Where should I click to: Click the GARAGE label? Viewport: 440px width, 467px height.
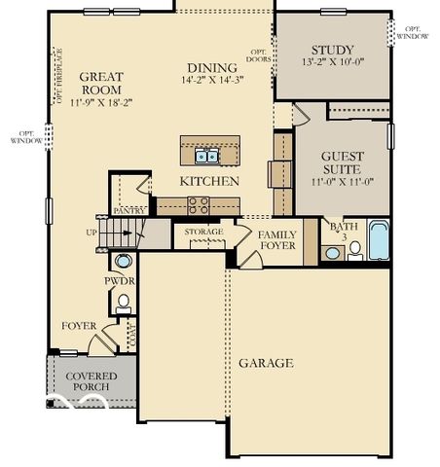pos(266,363)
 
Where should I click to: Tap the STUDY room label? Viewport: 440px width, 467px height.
pos(333,50)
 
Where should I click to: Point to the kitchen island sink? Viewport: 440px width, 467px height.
pos(206,155)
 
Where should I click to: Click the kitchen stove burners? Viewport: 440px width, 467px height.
pos(198,204)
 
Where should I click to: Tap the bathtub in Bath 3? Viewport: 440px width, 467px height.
pos(379,240)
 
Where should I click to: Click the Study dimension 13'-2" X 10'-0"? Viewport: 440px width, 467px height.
pos(333,63)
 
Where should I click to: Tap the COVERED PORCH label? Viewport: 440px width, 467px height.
pos(91,381)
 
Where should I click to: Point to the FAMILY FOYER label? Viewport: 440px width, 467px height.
pos(277,240)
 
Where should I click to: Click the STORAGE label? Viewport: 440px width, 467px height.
pos(203,232)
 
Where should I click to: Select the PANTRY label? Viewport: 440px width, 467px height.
pos(129,210)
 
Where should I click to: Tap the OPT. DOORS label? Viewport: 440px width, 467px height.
pos(259,55)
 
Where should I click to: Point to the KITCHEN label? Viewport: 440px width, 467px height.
pos(209,182)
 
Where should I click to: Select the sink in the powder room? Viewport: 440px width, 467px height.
pos(124,261)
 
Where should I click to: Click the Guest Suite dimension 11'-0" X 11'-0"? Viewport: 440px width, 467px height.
pos(342,181)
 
